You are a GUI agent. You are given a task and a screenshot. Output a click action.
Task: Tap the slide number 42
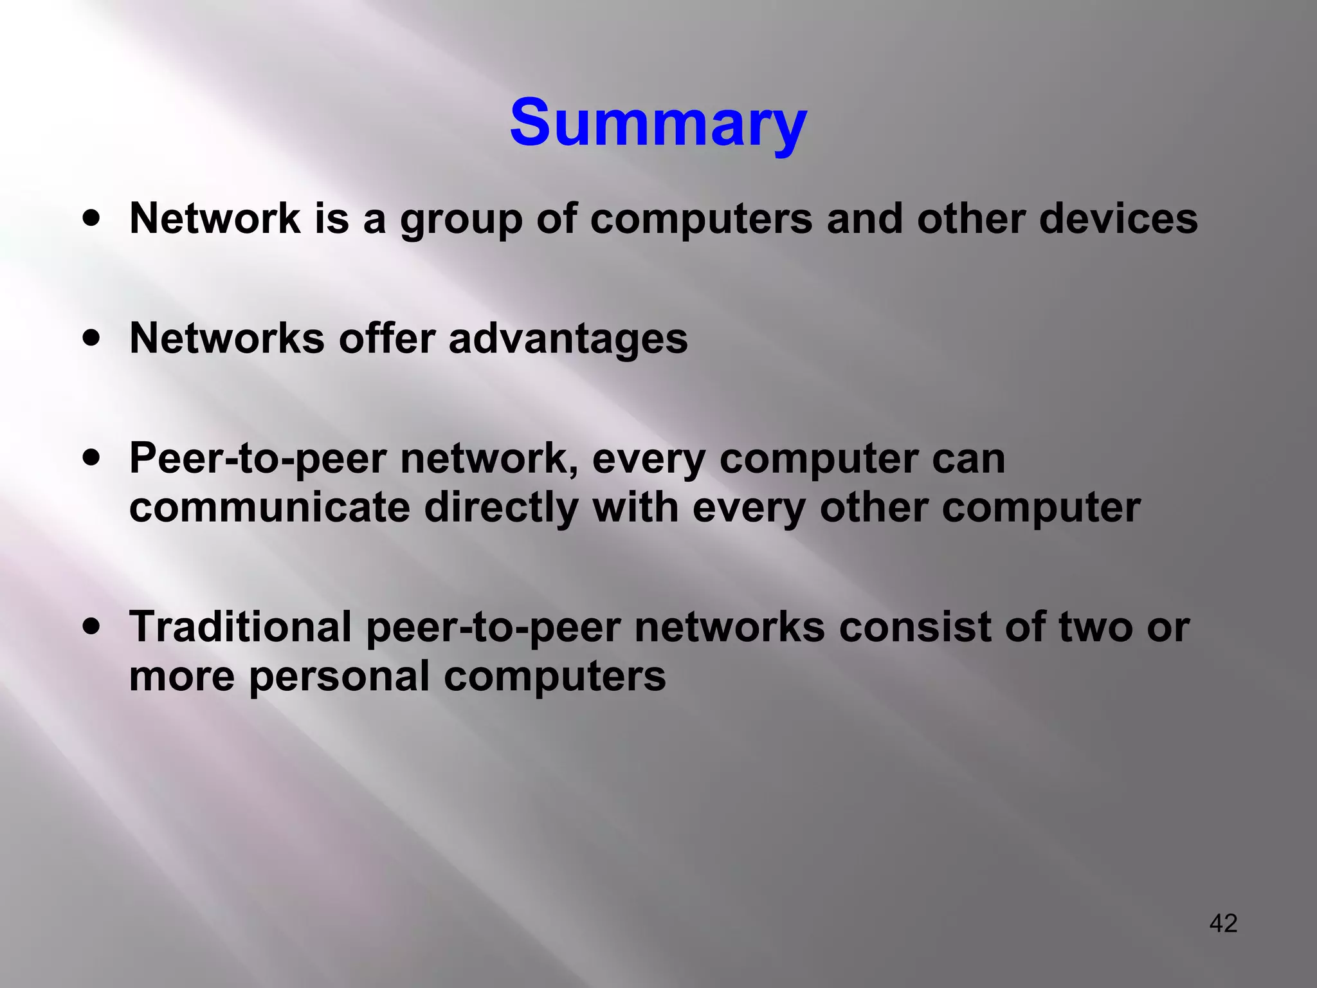[x=1223, y=923]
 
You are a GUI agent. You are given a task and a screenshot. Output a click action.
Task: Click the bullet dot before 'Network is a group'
[x=92, y=217]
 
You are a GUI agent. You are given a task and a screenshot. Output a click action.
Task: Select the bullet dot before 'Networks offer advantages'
[x=92, y=337]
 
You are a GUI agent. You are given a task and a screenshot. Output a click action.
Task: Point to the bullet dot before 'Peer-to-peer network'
[x=92, y=457]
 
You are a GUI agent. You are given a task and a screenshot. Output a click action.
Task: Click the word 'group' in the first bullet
[x=461, y=220]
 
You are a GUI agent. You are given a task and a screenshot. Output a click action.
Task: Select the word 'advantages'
[x=568, y=339]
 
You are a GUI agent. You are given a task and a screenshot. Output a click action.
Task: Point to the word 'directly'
[x=501, y=509]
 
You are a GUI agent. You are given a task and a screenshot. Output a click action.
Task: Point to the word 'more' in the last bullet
[x=182, y=677]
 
